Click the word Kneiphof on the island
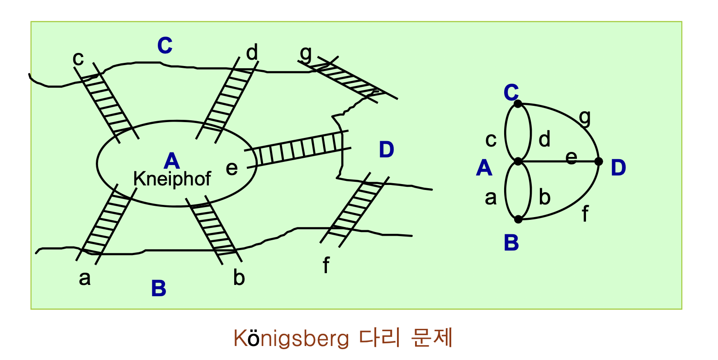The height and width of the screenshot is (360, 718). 172,179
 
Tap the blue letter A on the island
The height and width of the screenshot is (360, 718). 172,161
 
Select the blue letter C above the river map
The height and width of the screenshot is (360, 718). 165,45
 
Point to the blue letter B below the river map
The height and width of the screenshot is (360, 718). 159,288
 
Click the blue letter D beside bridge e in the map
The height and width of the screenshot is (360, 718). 387,150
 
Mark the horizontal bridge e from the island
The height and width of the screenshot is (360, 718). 298,149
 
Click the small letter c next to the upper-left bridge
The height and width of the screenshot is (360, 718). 78,58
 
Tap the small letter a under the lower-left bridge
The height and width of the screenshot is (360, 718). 85,278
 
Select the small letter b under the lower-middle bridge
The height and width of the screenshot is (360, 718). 239,277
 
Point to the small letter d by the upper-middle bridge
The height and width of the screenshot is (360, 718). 252,52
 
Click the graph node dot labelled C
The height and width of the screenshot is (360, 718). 518,104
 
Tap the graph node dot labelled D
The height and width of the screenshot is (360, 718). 599,161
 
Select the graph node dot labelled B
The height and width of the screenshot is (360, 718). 518,219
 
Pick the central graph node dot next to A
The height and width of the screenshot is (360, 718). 518,161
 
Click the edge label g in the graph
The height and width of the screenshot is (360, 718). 585,117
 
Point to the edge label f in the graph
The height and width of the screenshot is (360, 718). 585,213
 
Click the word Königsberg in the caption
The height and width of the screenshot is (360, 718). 291,339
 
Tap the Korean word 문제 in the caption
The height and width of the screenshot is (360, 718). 432,338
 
